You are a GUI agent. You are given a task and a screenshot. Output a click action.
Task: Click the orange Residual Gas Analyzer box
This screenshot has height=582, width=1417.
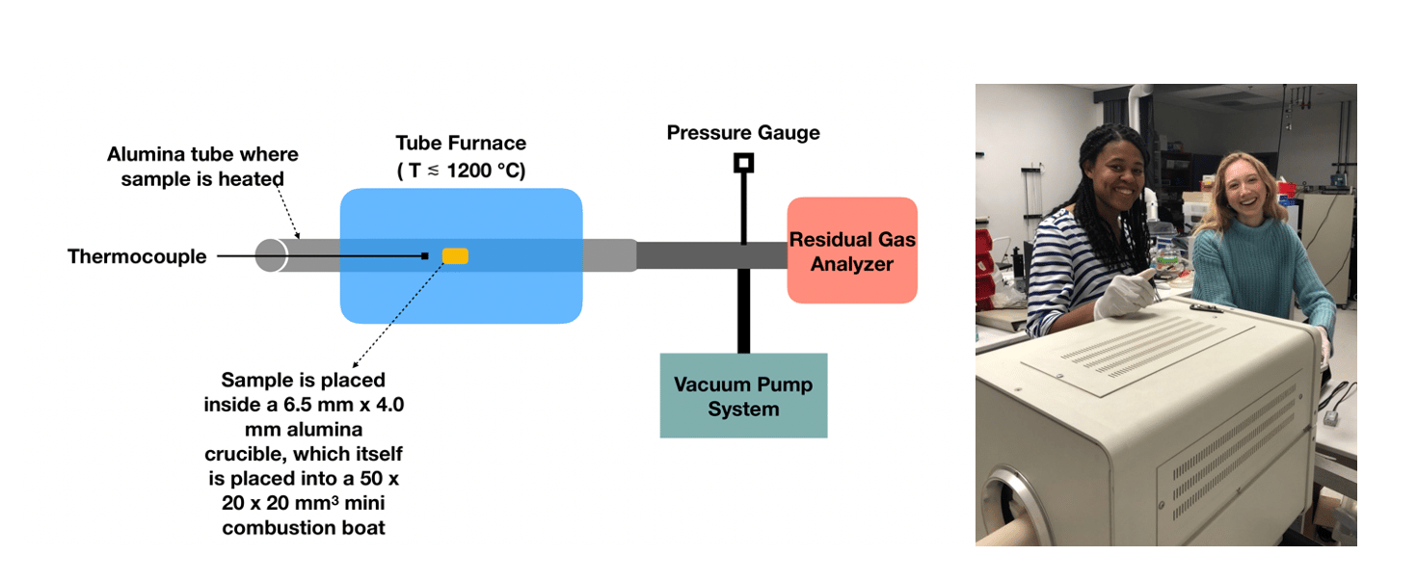tap(852, 251)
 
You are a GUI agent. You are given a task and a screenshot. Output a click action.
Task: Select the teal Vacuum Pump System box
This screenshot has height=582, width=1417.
tap(743, 396)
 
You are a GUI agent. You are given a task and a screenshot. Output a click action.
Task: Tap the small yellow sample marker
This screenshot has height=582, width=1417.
tap(455, 255)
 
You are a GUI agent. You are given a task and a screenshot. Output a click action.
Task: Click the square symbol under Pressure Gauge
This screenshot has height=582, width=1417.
tap(743, 163)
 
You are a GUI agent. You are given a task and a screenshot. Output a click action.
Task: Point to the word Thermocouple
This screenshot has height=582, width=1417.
tap(137, 256)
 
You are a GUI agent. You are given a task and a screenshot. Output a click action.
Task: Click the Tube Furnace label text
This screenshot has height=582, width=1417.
tap(461, 144)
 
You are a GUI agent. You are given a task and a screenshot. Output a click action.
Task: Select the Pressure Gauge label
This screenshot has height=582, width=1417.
tap(743, 132)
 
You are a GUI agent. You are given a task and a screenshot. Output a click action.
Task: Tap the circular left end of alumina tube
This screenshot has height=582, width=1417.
tap(271, 255)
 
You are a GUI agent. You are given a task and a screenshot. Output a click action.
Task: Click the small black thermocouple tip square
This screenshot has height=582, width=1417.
tap(424, 255)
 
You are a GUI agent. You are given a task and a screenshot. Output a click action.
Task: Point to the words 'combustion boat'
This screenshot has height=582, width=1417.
tap(304, 528)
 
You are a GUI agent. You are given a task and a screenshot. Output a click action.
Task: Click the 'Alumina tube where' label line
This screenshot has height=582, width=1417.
tap(202, 154)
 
